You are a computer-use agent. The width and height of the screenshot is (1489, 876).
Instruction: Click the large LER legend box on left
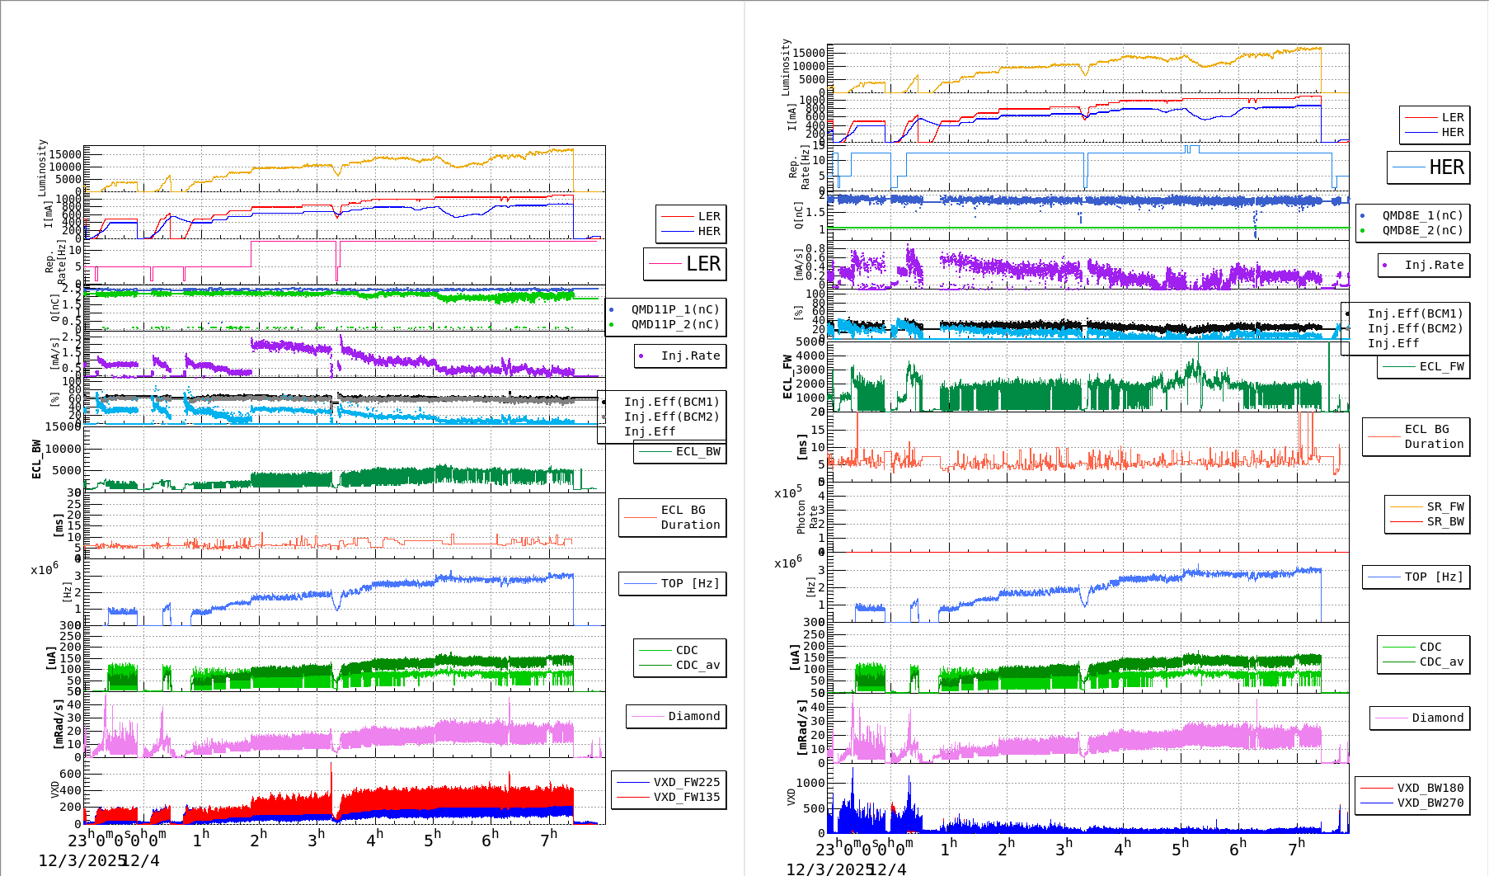pyautogui.click(x=684, y=264)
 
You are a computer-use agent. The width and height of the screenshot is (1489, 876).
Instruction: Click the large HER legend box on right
pyautogui.click(x=1428, y=167)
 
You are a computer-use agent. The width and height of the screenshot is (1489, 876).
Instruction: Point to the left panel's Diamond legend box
pyautogui.click(x=676, y=716)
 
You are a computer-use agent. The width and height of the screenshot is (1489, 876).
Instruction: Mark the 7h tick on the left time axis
pyautogui.click(x=548, y=839)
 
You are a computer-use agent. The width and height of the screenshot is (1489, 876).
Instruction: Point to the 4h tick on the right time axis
pyautogui.click(x=1123, y=847)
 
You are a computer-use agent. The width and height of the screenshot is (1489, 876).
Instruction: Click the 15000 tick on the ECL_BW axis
pyautogui.click(x=63, y=426)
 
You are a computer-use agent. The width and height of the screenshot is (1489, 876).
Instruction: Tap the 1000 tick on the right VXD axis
pyautogui.click(x=810, y=783)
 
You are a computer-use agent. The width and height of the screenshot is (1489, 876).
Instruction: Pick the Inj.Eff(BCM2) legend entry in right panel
pyautogui.click(x=1415, y=328)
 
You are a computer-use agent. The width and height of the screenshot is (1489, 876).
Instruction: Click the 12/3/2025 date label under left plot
pyautogui.click(x=81, y=860)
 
